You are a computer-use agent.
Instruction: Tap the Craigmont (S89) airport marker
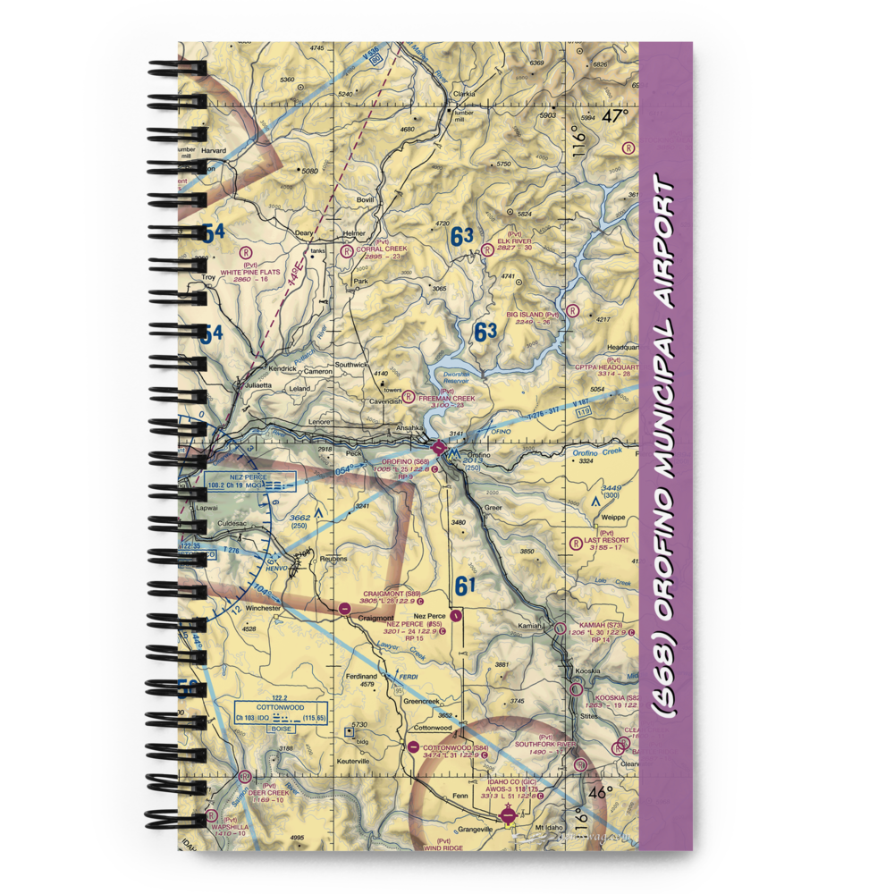[x=345, y=608]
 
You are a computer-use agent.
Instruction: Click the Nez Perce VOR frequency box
[x=239, y=484]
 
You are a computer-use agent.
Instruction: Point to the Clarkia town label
[x=463, y=92]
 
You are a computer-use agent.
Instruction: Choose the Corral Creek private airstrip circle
[x=346, y=251]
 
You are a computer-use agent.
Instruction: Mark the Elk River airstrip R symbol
[x=486, y=250]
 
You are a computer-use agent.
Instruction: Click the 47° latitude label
[x=615, y=116]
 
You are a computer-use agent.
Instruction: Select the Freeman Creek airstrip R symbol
[x=409, y=396]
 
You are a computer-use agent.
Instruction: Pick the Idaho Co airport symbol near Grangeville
[x=509, y=814]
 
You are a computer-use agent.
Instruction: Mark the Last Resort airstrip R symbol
[x=575, y=543]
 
